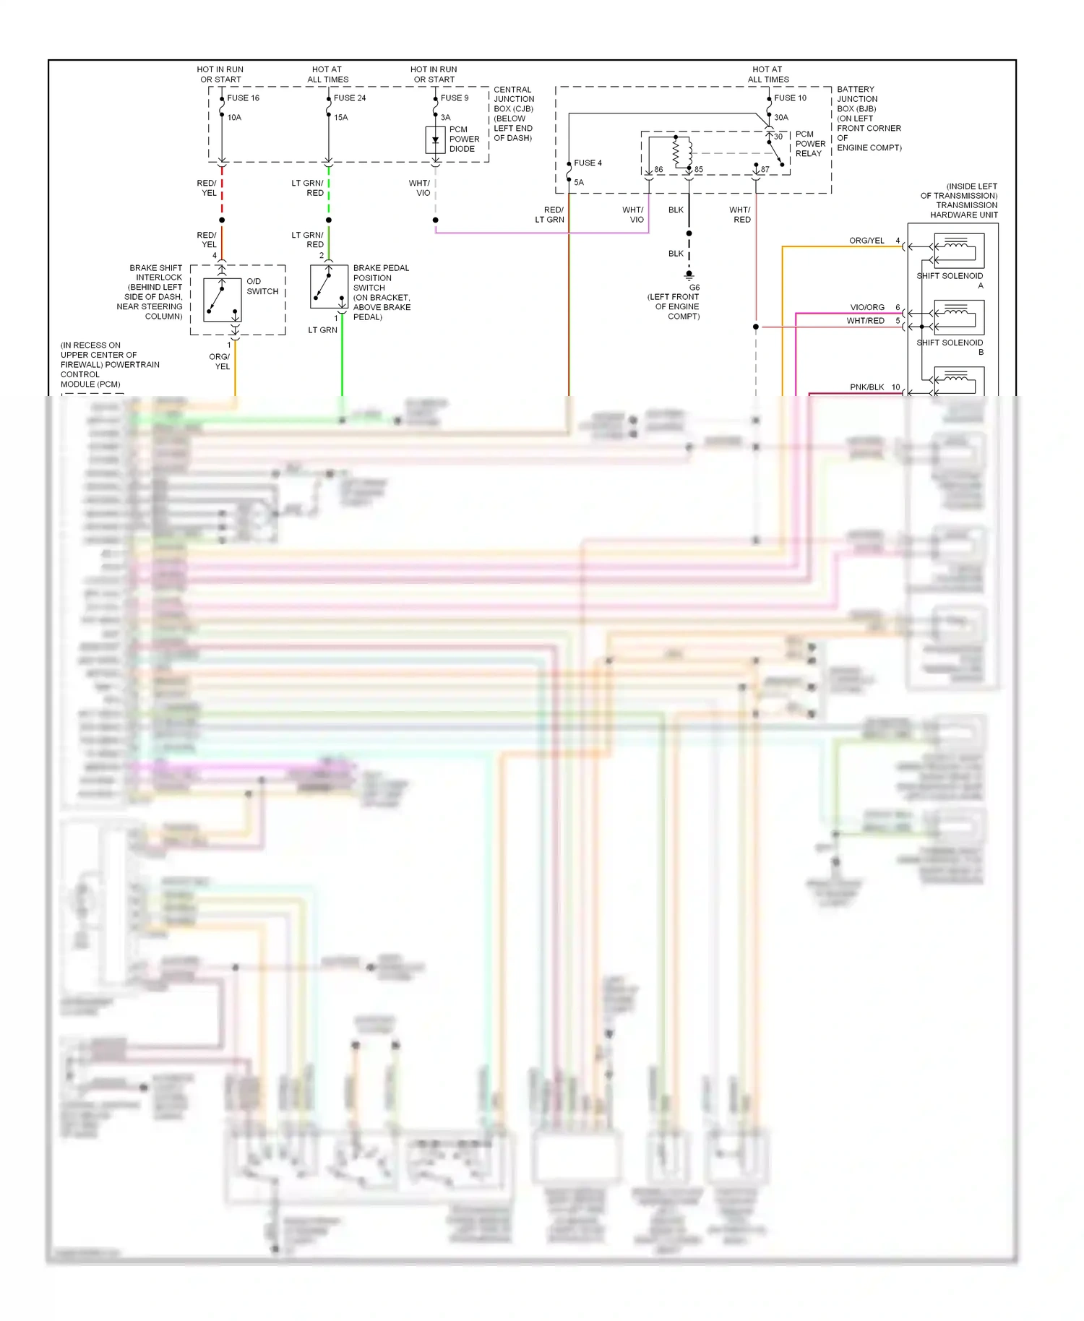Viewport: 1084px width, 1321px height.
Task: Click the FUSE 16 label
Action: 243,98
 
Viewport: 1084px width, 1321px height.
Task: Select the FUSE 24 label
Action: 350,98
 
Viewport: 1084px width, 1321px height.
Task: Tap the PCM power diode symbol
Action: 435,139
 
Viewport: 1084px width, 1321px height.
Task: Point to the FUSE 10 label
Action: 790,98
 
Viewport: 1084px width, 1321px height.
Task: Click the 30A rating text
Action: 781,117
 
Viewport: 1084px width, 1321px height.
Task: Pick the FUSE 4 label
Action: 588,163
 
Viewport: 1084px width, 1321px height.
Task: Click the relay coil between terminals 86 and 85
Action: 676,152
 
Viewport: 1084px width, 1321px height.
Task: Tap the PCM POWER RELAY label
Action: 810,144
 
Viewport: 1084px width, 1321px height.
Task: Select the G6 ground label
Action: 694,288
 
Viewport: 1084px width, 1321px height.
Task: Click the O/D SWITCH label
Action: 262,287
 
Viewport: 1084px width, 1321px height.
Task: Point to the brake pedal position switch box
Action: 329,287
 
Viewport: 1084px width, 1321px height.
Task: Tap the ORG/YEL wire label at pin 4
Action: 866,241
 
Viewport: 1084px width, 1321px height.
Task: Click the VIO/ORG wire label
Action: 866,307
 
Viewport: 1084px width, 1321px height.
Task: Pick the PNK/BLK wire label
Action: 866,387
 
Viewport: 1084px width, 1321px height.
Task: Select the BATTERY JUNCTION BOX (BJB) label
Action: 857,99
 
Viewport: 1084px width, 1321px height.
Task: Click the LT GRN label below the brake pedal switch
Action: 322,330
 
